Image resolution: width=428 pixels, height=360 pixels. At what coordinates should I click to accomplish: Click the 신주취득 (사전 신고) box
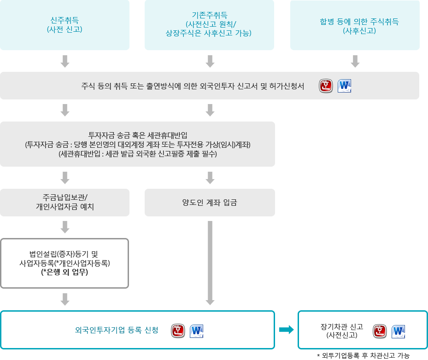coord(64,25)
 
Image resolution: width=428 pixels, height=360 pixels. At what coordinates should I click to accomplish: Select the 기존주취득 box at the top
coord(209,25)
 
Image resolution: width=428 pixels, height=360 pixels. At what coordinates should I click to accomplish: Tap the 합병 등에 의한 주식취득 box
coord(355,25)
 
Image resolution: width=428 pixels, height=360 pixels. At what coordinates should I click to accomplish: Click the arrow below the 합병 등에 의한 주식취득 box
coord(355,61)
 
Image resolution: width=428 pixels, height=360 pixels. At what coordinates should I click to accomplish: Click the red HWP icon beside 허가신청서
coord(326,86)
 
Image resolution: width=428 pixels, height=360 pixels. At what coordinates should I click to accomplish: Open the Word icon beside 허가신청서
coord(344,86)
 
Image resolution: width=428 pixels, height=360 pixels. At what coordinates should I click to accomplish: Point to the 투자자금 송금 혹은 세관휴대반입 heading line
coord(138,135)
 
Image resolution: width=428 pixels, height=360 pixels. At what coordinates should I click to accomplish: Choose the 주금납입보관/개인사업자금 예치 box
coord(64,203)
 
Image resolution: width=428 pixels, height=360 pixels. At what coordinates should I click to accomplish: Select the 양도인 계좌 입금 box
coord(210,203)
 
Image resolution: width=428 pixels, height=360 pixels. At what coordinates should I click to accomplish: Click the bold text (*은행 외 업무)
coord(64,272)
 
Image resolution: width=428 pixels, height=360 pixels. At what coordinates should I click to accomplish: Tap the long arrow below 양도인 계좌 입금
coord(210,263)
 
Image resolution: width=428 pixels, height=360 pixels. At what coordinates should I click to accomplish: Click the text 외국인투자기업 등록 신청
coord(117,330)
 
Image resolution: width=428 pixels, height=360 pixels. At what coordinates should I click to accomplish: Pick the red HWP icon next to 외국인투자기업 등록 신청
coord(178,331)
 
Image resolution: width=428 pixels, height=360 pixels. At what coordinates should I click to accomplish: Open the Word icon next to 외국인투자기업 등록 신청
coord(197,331)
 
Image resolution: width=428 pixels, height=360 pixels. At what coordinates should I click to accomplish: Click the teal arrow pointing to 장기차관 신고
coord(287,330)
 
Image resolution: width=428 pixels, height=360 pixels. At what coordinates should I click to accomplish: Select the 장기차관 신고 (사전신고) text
coord(342,331)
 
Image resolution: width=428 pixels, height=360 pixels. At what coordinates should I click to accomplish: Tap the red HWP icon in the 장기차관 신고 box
coord(380,331)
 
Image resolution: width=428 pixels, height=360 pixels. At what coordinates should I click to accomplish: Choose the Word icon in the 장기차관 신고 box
coord(398,331)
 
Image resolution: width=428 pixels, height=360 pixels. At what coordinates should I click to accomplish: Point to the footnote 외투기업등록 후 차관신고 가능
coord(364,355)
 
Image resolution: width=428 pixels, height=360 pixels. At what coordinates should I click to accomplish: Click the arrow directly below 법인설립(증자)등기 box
coord(65,299)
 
